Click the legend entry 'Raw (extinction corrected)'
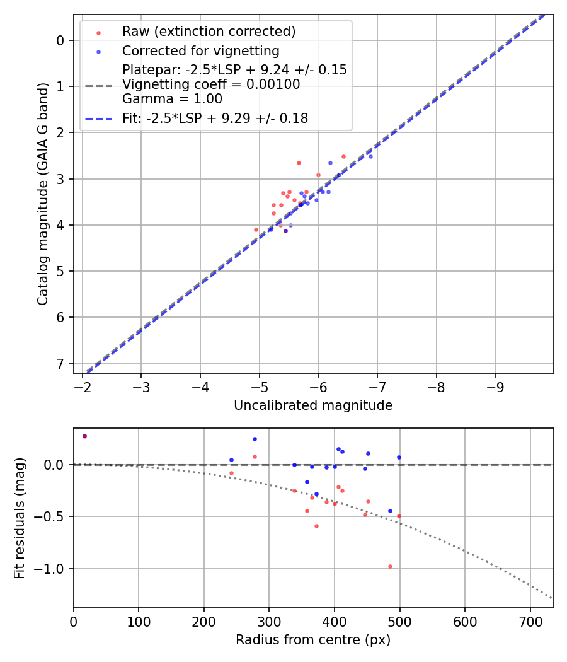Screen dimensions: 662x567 209,32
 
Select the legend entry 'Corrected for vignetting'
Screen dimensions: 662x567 200,50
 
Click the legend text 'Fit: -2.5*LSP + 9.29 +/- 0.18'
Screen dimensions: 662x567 215,118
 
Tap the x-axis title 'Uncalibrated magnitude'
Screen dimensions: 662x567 313,405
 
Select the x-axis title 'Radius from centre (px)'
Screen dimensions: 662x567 313,640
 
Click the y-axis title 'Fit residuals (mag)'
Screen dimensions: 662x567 20,518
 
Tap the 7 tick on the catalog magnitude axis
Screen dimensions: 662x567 60,364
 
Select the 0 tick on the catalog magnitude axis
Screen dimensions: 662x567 60,40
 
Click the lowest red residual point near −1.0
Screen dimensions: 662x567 390,566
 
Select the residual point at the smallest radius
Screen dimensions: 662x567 84,436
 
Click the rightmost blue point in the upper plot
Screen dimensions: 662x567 370,156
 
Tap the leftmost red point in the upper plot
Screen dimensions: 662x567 256,229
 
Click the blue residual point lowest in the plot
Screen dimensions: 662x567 390,511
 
